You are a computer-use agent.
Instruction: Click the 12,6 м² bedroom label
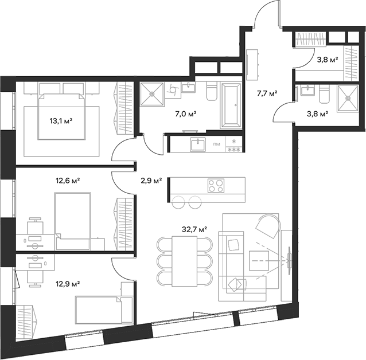68,181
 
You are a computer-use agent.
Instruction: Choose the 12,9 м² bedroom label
68,283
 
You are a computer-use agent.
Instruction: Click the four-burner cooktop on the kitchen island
216,186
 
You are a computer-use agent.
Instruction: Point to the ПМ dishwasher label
216,144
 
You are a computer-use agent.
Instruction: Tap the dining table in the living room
184,260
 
